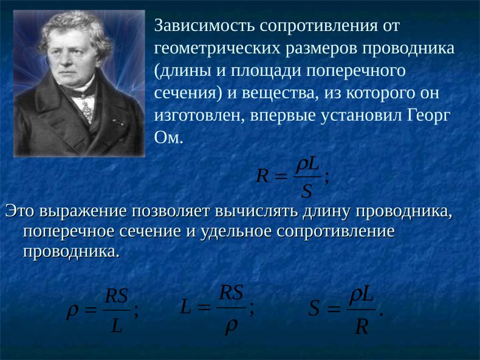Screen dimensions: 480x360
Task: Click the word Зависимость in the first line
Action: tap(205, 25)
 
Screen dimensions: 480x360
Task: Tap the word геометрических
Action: tap(218, 49)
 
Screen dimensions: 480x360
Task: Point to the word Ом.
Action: tap(168, 138)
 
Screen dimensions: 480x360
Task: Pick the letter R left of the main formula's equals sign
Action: tap(262, 176)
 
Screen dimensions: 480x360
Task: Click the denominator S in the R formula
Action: tap(306, 191)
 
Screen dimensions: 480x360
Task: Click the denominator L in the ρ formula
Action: tap(117, 326)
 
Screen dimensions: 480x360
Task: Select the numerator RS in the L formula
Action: tap(231, 293)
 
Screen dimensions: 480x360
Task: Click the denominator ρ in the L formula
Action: tap(231, 325)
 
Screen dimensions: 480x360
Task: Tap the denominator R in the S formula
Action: tap(362, 327)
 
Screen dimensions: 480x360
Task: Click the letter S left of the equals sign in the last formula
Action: tap(314, 308)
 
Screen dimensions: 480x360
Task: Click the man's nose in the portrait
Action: tap(66, 59)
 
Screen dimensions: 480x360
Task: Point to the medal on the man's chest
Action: tap(87, 110)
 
